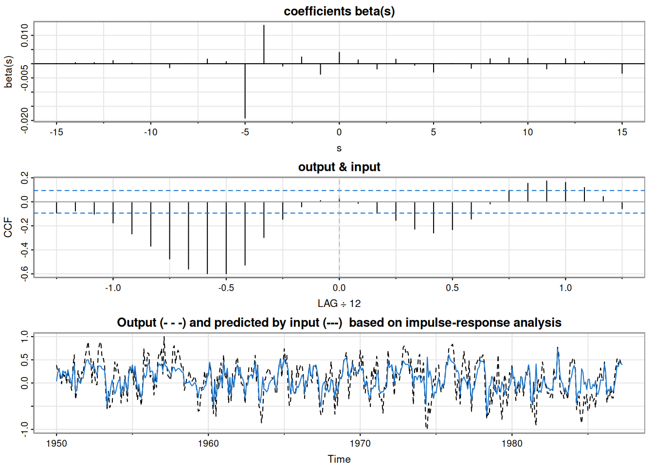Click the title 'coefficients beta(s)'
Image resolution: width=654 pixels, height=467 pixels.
[x=339, y=11]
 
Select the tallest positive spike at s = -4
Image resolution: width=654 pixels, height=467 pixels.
[x=264, y=44]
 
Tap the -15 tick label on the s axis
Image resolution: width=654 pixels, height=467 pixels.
[x=56, y=132]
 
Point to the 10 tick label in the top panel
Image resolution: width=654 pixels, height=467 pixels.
[x=527, y=132]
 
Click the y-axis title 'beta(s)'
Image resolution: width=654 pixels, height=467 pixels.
[x=8, y=72]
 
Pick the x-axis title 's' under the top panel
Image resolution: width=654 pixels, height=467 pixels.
[x=339, y=148]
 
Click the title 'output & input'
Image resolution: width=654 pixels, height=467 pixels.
[x=339, y=167]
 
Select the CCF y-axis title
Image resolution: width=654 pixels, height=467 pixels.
[x=8, y=227]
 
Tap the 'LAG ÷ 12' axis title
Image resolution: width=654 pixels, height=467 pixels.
[x=339, y=304]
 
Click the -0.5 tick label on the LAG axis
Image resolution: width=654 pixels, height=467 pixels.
[x=226, y=287]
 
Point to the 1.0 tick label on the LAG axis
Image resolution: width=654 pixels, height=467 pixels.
[x=565, y=287]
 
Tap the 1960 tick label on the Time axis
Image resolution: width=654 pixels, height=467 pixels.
[x=208, y=443]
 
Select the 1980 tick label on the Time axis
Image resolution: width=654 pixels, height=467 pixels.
[x=512, y=443]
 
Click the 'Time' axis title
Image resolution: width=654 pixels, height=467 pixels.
[x=339, y=459]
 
